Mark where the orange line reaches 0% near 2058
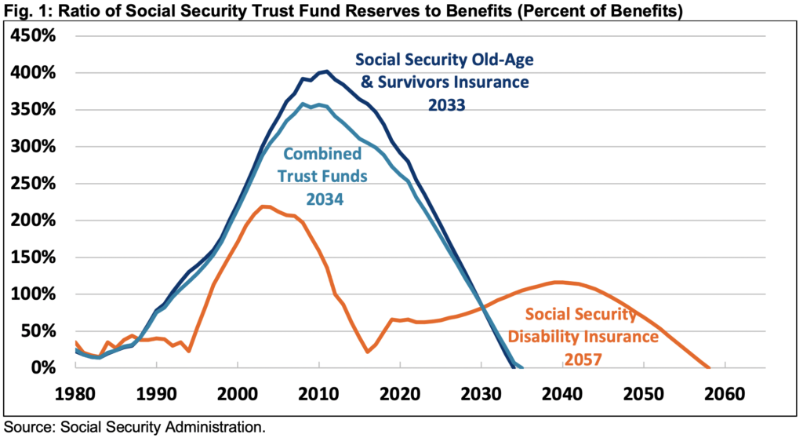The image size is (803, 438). pos(708,367)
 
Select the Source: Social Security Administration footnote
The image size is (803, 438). pos(135,428)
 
